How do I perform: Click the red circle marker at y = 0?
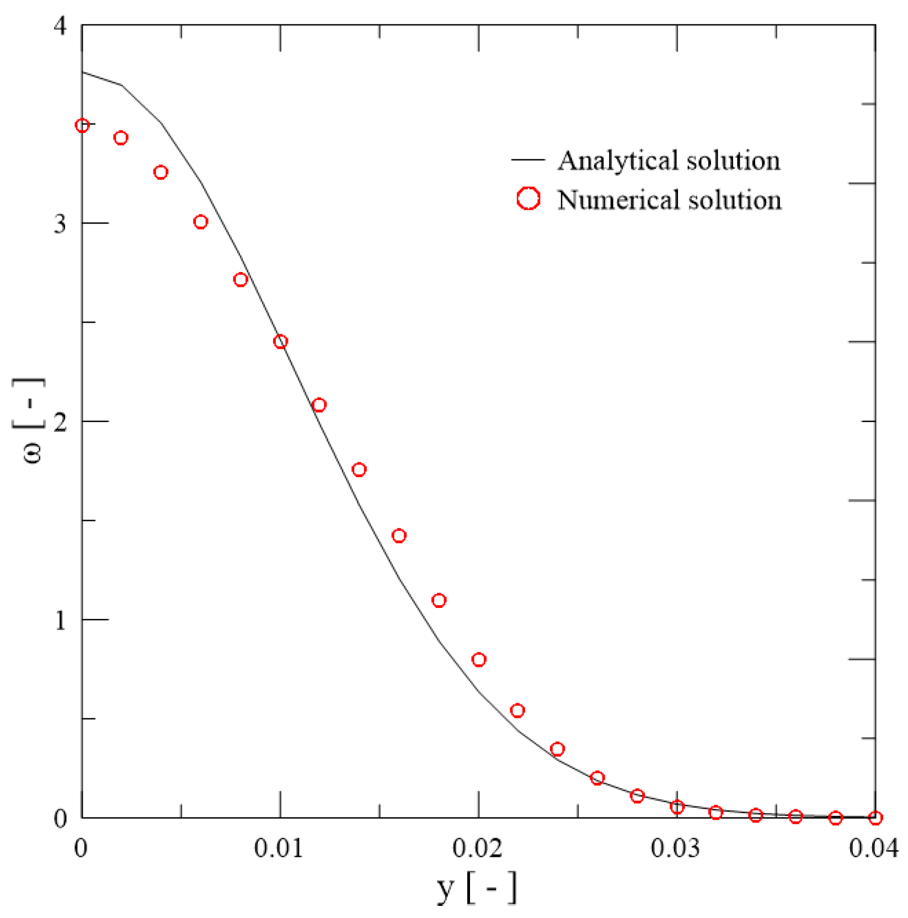point(82,126)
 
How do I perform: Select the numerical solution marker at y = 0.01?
point(280,341)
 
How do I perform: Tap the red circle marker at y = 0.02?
point(479,660)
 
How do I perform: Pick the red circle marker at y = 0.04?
point(875,818)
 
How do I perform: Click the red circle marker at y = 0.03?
point(677,807)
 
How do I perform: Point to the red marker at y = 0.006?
point(201,222)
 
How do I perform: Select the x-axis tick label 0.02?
point(477,848)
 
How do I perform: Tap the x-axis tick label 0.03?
point(675,848)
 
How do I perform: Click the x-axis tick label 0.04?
point(874,848)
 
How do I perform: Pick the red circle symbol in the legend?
point(528,199)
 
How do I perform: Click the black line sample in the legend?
point(528,160)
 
